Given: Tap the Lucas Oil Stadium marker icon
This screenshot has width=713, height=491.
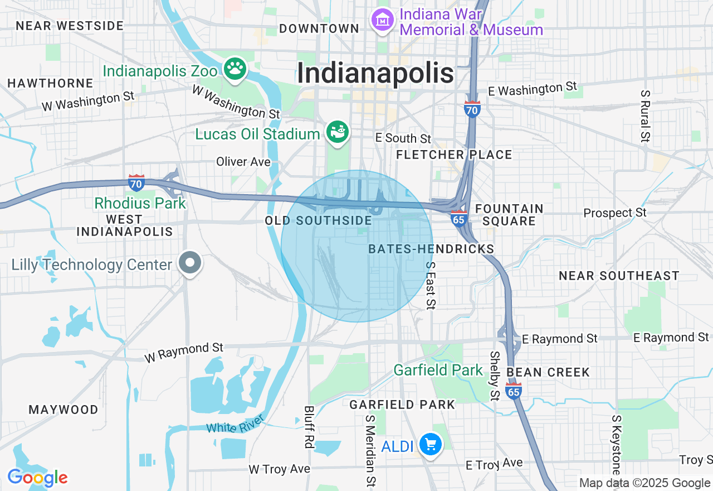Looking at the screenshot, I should [338, 133].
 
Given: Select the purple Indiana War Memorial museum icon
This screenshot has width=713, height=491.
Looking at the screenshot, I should [383, 21].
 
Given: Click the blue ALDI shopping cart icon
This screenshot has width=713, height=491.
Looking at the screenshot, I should [430, 445].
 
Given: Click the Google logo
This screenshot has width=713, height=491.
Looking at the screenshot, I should [37, 478].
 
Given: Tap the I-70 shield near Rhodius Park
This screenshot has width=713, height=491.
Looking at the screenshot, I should [136, 182].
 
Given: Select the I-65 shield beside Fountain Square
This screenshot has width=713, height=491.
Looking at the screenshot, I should [458, 219].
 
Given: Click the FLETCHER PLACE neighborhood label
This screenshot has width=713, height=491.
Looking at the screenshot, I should [454, 155].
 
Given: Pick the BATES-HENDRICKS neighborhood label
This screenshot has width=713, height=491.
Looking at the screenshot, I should [431, 249].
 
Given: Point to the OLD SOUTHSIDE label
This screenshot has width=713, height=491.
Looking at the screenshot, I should [319, 221].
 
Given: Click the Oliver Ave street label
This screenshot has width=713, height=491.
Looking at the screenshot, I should [243, 162].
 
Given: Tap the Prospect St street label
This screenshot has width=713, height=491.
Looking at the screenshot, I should [615, 213].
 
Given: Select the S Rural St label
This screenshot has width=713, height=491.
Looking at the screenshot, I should [645, 117].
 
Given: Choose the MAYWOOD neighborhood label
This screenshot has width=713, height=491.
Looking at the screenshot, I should [64, 410].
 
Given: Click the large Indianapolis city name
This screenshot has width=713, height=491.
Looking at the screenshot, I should [375, 74].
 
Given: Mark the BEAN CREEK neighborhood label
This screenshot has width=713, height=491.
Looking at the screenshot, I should [548, 372].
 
